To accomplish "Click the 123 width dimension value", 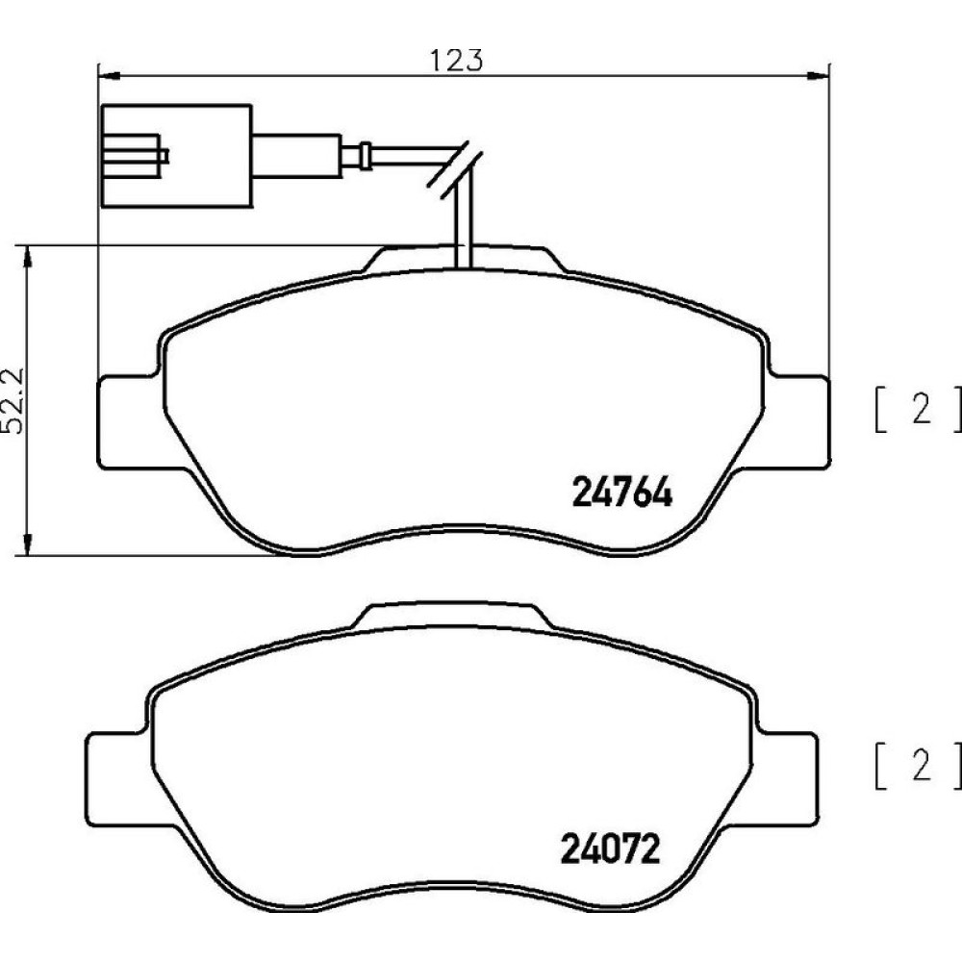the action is point(456,60).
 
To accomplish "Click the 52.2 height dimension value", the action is point(13,400).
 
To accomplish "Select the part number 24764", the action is point(621,492).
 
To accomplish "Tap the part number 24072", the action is point(611,848).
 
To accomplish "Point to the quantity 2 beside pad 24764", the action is point(922,409).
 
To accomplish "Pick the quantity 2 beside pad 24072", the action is point(922,765).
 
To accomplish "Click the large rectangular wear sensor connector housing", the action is point(176,156).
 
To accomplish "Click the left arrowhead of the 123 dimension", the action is point(108,75).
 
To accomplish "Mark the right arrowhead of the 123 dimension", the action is point(819,75).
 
